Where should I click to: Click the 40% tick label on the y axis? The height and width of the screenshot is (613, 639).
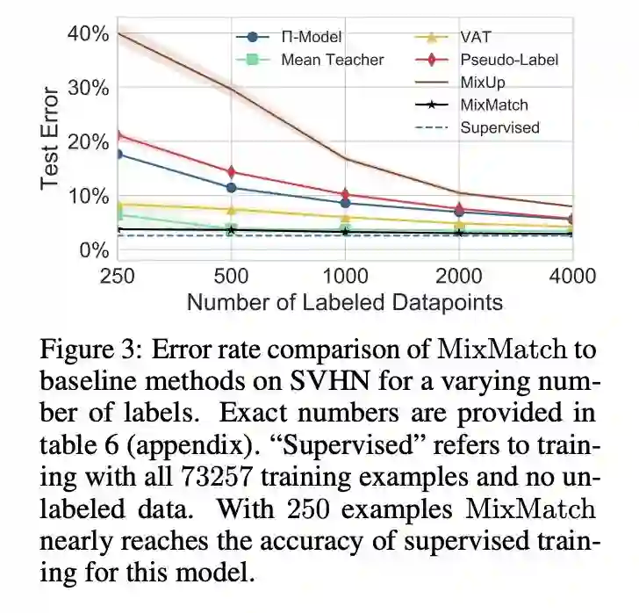click(x=89, y=34)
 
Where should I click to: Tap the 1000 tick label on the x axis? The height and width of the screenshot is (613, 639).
click(x=345, y=275)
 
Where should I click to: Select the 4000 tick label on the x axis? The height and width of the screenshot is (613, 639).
click(x=571, y=275)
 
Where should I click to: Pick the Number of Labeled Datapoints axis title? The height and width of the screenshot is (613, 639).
click(x=345, y=302)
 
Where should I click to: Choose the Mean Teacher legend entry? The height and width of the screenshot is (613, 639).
click(x=332, y=60)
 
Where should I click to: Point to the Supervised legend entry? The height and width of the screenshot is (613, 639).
click(x=499, y=127)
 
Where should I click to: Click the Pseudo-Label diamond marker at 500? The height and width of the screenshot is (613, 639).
click(x=232, y=171)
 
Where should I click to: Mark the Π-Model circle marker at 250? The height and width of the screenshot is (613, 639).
click(x=118, y=154)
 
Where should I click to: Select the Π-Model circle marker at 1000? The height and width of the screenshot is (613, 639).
click(x=345, y=202)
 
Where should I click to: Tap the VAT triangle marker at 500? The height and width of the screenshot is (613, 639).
click(x=232, y=210)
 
